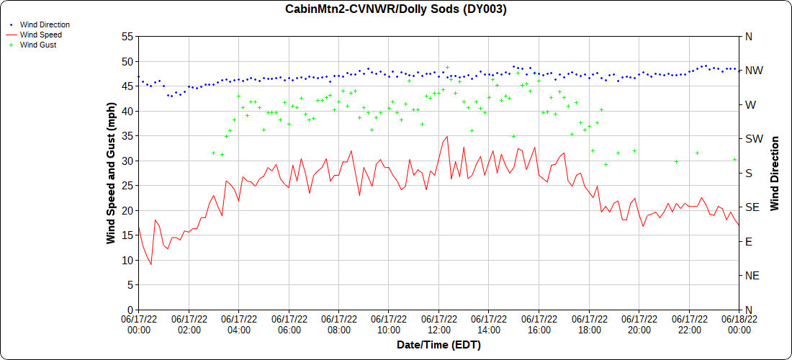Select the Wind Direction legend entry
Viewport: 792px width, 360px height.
coord(45,24)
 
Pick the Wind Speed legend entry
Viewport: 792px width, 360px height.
coord(41,35)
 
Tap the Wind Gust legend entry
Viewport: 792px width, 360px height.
coord(38,45)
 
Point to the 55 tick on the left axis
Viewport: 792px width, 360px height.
coord(128,36)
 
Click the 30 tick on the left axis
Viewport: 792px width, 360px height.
coord(128,161)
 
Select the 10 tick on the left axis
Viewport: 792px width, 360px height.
coord(128,260)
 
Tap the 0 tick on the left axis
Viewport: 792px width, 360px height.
coord(130,310)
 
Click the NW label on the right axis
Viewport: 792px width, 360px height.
coord(753,71)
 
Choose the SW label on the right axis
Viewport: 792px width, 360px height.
coord(752,139)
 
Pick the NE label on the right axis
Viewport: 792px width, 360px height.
coord(751,276)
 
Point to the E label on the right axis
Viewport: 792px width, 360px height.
coord(748,241)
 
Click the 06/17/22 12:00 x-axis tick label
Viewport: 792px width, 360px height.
coord(439,324)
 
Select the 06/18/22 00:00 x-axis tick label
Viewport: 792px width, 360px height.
coord(739,324)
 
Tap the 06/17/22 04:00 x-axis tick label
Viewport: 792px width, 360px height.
coord(239,324)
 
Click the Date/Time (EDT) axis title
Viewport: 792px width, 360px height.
coord(438,345)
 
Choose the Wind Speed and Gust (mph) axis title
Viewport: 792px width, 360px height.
coord(111,173)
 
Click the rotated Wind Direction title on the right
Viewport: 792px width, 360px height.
coord(775,173)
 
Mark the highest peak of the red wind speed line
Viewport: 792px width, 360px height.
coord(447,136)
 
